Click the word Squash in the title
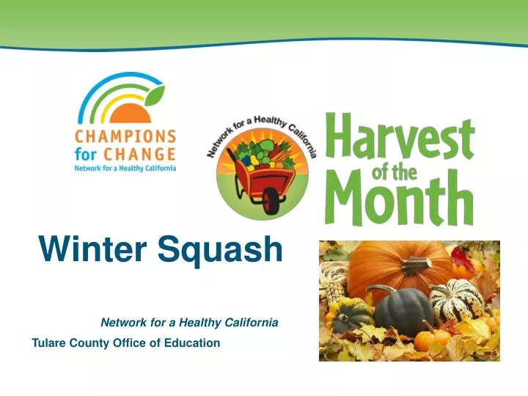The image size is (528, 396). (219, 251)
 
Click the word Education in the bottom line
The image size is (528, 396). (194, 342)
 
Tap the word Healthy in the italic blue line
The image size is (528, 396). (206, 322)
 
